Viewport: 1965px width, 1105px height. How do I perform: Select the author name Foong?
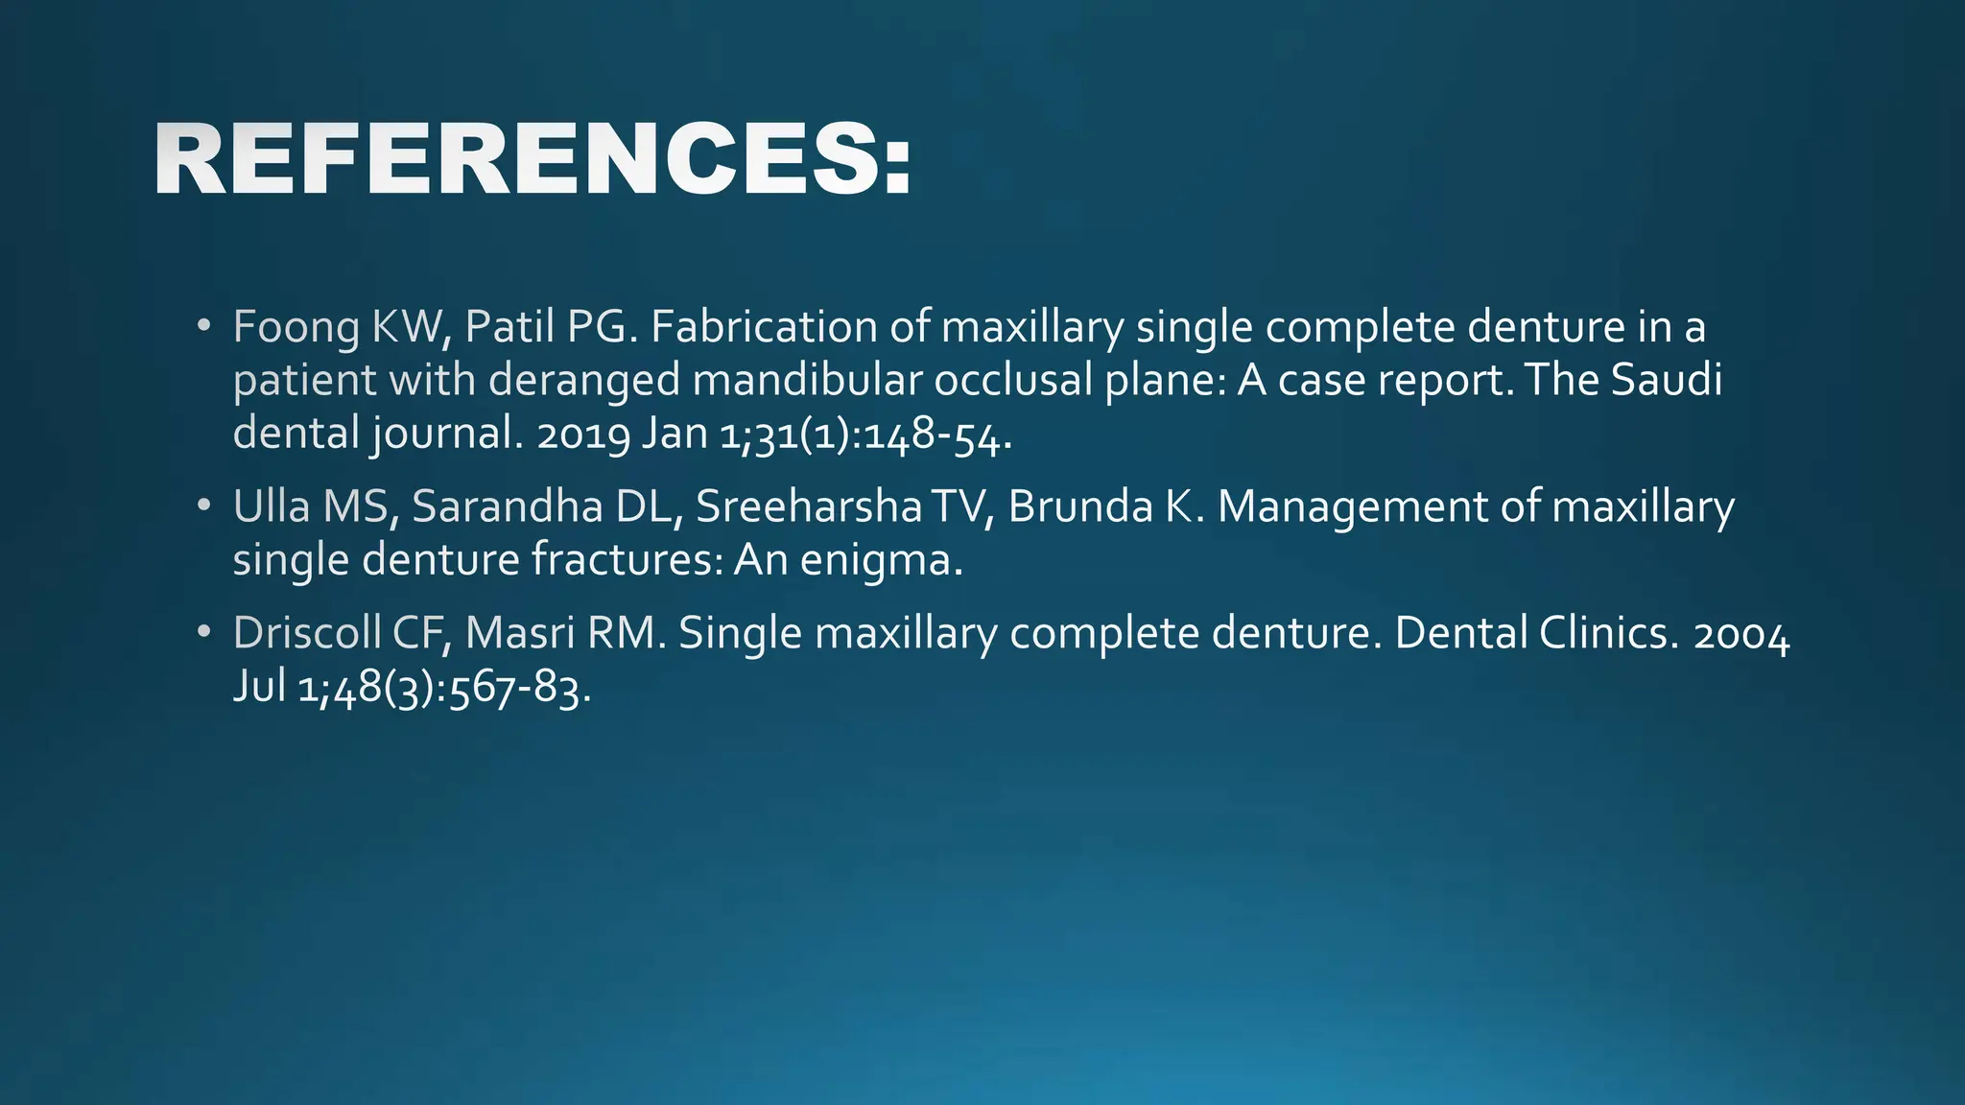coord(296,328)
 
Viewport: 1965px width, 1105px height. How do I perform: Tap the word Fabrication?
coord(763,327)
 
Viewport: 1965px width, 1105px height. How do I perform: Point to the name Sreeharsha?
coord(808,506)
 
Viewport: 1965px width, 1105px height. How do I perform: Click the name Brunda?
coord(1079,506)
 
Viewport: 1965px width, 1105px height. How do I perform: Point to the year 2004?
coord(1741,637)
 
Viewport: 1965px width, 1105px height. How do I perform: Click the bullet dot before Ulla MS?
coord(202,505)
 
